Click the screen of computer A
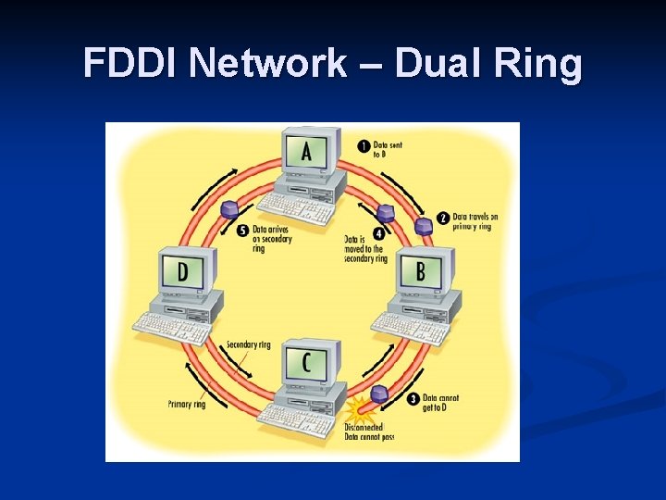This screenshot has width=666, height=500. coord(306,151)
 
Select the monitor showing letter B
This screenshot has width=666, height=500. coord(421,271)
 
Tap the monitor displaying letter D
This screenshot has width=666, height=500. coord(183,272)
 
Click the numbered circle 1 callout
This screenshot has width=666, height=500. coord(364,146)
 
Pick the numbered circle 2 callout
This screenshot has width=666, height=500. coord(443,219)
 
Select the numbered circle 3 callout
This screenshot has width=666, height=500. coord(413,399)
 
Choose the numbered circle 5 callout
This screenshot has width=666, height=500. coord(242,231)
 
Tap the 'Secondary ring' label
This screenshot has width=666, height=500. coord(249,345)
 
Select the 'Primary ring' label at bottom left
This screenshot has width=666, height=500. coord(187,404)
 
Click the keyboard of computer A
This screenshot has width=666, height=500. coord(295,208)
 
